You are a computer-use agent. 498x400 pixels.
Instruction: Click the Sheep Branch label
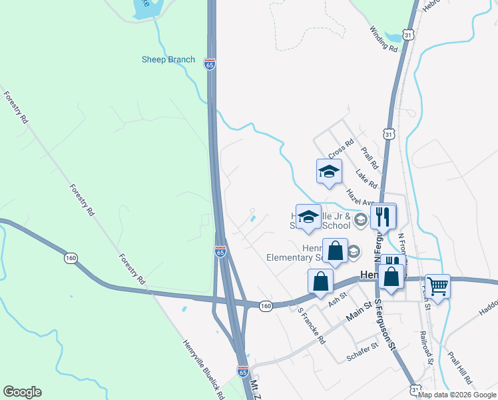[168, 59]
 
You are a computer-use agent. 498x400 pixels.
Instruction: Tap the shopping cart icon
[437, 287]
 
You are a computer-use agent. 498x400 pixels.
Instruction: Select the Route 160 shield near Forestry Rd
[70, 257]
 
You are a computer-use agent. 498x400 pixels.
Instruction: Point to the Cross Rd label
[340, 149]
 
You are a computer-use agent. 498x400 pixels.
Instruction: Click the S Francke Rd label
[312, 325]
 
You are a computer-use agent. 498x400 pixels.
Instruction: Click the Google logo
[22, 392]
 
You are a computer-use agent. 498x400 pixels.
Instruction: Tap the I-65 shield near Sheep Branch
[210, 65]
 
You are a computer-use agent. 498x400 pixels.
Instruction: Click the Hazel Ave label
[360, 197]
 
